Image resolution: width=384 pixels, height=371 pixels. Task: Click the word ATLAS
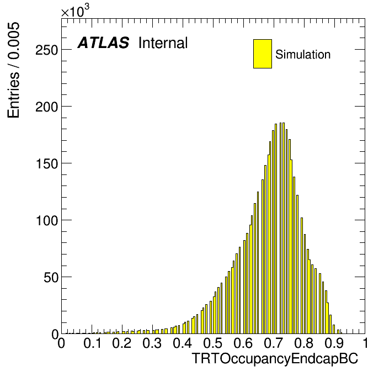(x=103, y=43)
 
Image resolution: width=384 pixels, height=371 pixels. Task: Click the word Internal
(x=163, y=43)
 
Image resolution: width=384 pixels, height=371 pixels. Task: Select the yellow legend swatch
(x=263, y=54)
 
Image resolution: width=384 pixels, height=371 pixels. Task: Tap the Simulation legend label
(x=303, y=54)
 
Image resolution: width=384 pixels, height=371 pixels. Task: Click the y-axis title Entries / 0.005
(x=13, y=70)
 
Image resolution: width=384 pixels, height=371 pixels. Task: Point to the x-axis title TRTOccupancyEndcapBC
(x=275, y=358)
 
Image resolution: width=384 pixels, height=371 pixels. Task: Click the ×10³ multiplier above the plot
(x=75, y=11)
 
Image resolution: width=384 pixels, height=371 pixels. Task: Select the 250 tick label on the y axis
(x=47, y=50)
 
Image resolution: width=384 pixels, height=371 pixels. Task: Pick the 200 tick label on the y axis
(x=47, y=107)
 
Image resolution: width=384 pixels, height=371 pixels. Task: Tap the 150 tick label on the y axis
(x=47, y=163)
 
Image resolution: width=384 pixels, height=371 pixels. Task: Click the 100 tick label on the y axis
(x=47, y=220)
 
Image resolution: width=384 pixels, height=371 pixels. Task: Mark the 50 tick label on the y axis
(x=51, y=277)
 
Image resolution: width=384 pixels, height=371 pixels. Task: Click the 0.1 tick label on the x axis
(x=92, y=343)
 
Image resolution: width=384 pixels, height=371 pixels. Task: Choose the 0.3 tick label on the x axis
(x=152, y=343)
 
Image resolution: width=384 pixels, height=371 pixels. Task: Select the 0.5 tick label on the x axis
(x=213, y=343)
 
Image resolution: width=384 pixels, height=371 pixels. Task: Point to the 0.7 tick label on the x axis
(x=274, y=343)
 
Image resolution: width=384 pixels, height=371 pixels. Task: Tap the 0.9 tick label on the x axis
(x=334, y=343)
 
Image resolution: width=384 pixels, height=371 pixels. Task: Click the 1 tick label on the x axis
(x=365, y=343)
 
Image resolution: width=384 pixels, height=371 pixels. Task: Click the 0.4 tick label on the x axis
(x=183, y=343)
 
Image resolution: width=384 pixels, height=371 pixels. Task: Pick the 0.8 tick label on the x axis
(x=304, y=343)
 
